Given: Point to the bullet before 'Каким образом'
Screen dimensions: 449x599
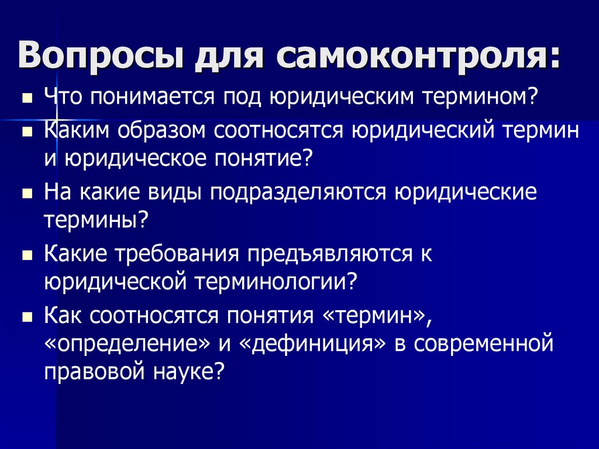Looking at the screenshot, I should click(27, 133).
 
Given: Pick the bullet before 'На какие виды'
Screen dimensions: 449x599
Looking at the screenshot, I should click(27, 194).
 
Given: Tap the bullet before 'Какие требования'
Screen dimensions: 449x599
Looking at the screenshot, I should click(27, 256).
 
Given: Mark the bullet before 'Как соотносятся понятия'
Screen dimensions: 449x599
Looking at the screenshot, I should click(27, 318).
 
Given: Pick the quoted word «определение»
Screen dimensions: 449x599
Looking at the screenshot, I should click(126, 344).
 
